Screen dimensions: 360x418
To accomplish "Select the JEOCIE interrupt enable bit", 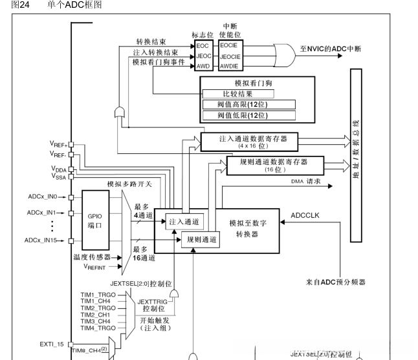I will pos(231,56).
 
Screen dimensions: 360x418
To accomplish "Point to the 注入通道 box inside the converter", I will pos(184,221).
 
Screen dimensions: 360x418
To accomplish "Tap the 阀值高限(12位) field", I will pos(248,105).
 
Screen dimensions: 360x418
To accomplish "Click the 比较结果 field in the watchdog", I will pos(248,94).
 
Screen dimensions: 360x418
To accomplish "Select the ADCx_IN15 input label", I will pos(43,240).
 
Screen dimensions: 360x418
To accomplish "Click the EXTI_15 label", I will pos(52,344).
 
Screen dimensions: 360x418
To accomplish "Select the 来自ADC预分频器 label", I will pos(336,282).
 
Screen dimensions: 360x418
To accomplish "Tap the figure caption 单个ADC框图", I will pos(74,5).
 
